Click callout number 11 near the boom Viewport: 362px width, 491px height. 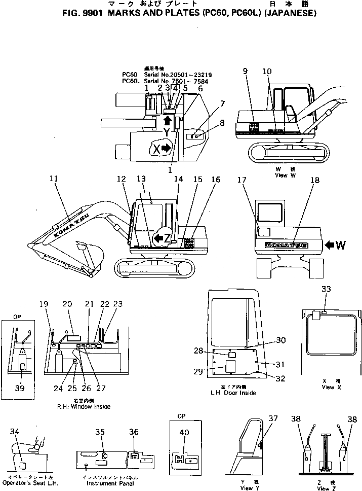(54, 179)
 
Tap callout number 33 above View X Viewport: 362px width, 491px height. (326, 289)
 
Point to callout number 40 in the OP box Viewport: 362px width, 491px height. (184, 433)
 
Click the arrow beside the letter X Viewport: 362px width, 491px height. (166, 147)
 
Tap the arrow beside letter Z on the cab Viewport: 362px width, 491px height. (158, 237)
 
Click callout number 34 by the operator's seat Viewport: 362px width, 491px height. (15, 432)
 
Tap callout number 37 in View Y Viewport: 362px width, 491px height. (273, 418)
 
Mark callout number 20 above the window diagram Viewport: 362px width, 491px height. (67, 304)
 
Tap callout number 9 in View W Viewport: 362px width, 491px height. (246, 72)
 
